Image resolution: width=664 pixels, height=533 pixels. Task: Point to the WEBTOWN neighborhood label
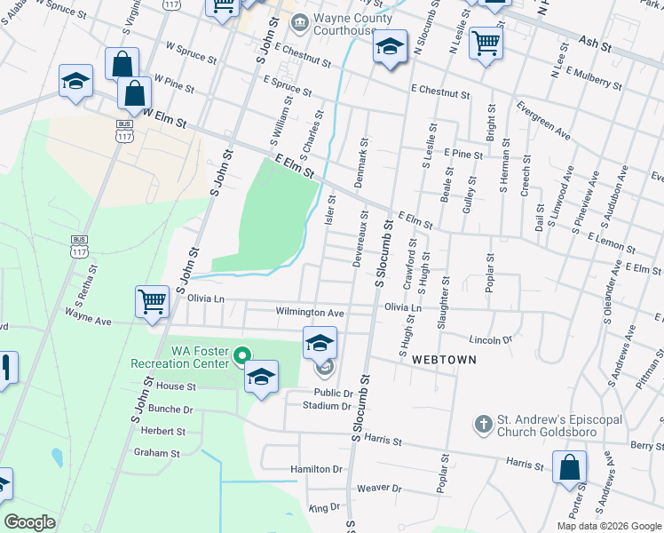[444, 360]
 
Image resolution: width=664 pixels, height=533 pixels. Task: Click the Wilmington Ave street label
[309, 313]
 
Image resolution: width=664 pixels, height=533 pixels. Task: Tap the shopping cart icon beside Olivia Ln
[152, 300]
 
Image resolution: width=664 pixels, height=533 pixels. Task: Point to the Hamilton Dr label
[316, 468]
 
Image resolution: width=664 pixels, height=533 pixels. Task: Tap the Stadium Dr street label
[328, 406]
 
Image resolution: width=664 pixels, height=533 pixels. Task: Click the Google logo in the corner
[30, 521]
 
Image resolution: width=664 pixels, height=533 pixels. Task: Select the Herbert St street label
[162, 431]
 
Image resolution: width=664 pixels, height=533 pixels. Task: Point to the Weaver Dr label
[379, 489]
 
